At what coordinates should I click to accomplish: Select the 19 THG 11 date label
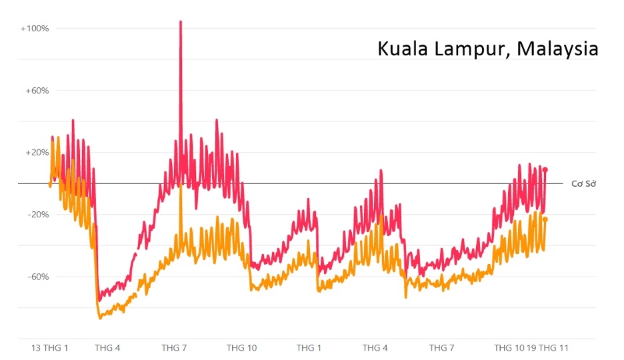547,348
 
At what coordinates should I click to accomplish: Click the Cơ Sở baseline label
583,183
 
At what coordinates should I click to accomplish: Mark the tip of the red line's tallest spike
181,22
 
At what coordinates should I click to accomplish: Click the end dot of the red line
545,169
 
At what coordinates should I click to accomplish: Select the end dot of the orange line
545,219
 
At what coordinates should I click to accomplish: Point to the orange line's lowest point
101,318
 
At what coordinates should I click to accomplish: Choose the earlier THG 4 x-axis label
108,348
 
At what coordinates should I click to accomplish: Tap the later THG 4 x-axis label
375,348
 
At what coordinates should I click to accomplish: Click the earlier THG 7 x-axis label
174,348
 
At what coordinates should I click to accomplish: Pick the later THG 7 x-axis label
441,348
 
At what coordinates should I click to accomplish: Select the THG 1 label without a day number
309,348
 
